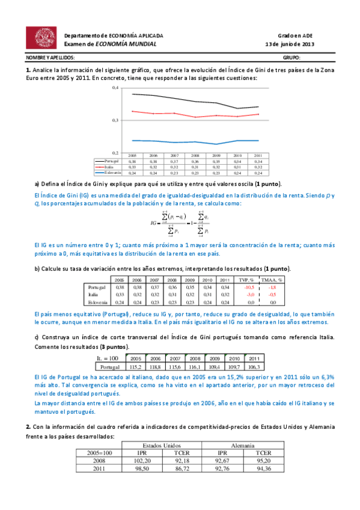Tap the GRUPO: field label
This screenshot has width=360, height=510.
(291, 58)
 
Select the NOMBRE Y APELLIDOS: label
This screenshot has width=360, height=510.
(50, 58)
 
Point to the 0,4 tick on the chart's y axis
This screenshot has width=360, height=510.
(115, 88)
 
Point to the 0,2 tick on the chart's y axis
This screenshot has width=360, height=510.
(115, 153)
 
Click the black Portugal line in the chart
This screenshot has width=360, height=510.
(180, 99)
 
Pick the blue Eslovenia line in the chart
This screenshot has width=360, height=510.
(180, 142)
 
